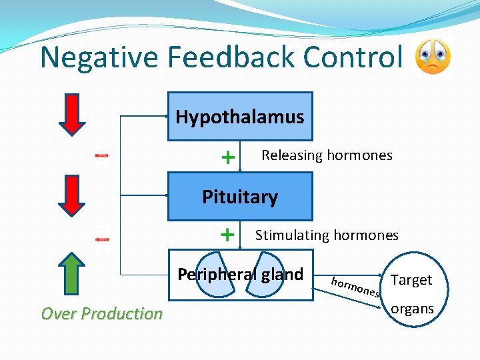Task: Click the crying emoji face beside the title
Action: coord(433,57)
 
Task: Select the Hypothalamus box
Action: coord(239,117)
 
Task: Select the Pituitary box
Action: coord(239,197)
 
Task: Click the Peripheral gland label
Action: coord(240,274)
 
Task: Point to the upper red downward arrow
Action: coord(73,115)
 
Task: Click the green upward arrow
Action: coord(73,274)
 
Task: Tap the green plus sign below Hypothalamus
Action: coord(228,157)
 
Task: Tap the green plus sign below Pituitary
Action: coord(228,235)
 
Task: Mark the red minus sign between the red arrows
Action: coord(101,155)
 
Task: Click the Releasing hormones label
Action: coord(327,155)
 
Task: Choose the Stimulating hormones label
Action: coord(327,235)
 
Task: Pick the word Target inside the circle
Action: coord(411,280)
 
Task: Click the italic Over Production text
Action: coord(102,313)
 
